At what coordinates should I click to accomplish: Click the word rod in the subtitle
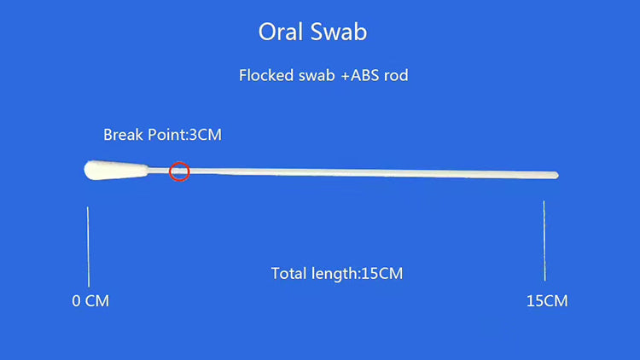pos(397,75)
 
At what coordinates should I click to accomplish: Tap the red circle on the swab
pos(178,171)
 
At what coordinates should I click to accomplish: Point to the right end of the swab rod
pos(556,176)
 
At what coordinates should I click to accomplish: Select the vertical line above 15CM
pos(545,241)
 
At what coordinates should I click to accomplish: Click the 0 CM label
pos(90,301)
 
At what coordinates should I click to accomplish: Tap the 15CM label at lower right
pos(547,301)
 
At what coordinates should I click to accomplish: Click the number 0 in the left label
pos(76,301)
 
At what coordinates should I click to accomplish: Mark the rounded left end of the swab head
pos(87,171)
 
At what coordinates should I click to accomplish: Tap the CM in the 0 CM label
pos(97,301)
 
